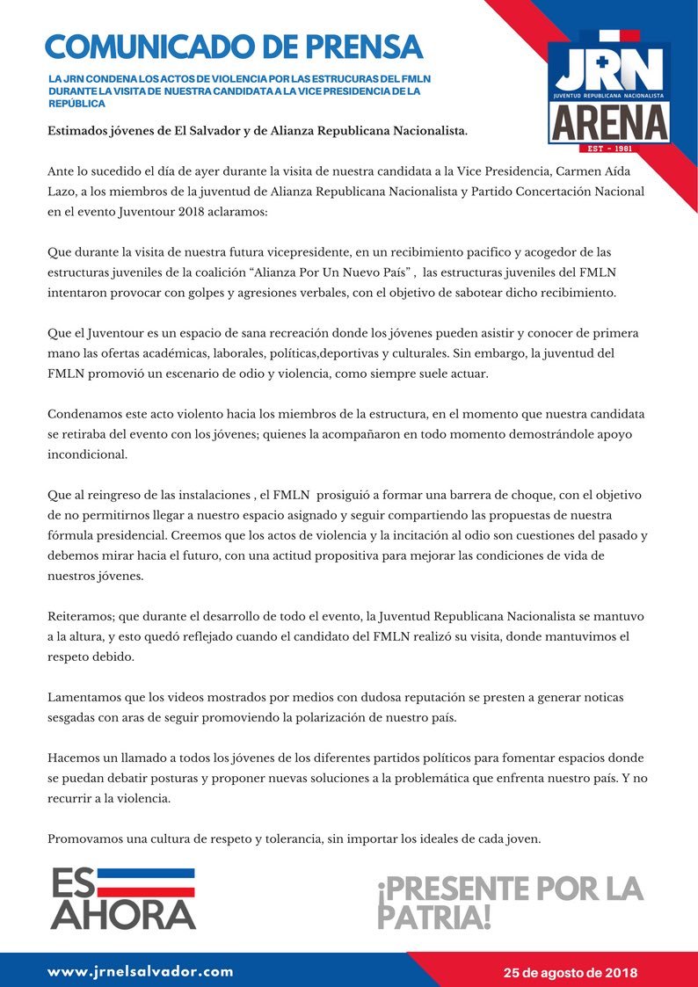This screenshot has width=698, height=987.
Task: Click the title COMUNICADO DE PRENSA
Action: (234, 46)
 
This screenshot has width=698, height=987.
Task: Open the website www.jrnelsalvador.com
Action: (141, 971)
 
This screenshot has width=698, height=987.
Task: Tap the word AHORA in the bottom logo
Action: (123, 914)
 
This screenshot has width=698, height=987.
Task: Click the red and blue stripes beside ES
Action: (145, 882)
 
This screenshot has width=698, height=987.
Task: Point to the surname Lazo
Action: (63, 192)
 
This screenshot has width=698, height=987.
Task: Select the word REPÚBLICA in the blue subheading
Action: (77, 104)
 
